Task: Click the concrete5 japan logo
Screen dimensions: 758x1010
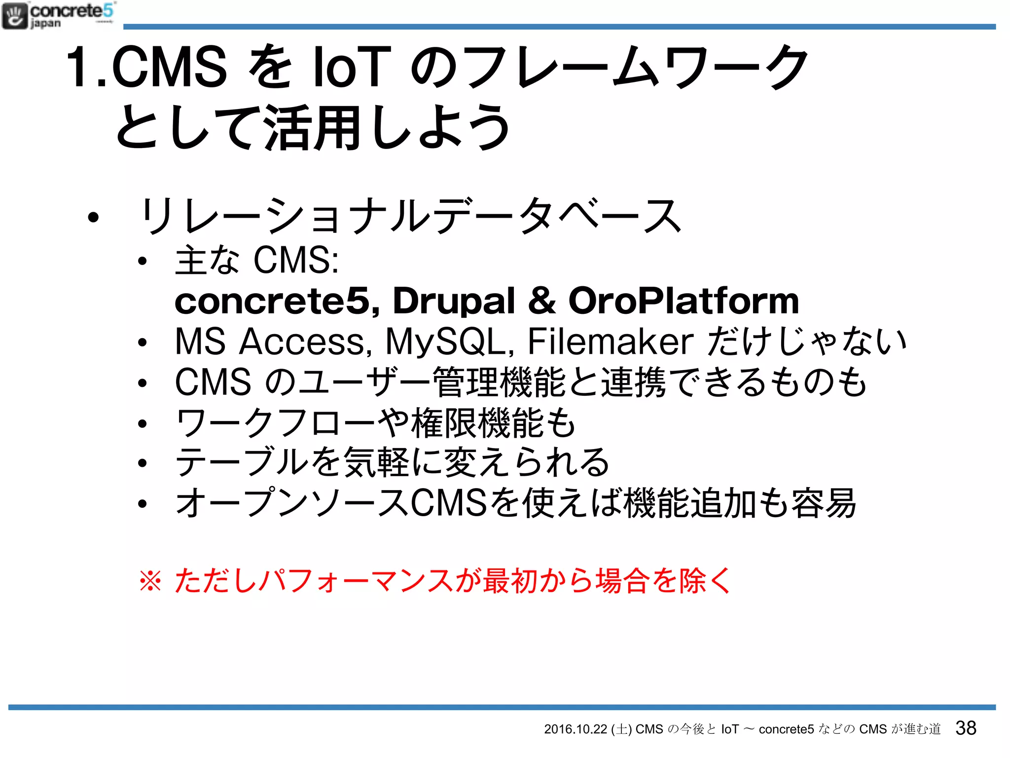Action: (58, 16)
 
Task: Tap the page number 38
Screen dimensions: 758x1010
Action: (965, 728)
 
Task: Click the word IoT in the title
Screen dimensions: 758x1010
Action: (352, 67)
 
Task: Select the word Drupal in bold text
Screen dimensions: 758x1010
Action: (454, 301)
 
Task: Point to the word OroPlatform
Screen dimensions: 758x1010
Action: (684, 301)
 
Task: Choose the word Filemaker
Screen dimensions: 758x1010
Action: (611, 341)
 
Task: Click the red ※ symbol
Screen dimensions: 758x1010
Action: (150, 580)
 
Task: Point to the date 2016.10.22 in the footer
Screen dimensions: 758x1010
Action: (575, 729)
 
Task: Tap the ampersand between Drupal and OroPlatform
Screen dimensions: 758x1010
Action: (541, 301)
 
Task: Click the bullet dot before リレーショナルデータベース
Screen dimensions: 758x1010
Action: (93, 217)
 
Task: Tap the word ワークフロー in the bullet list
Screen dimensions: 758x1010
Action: (276, 423)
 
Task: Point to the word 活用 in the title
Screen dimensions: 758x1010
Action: (312, 128)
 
